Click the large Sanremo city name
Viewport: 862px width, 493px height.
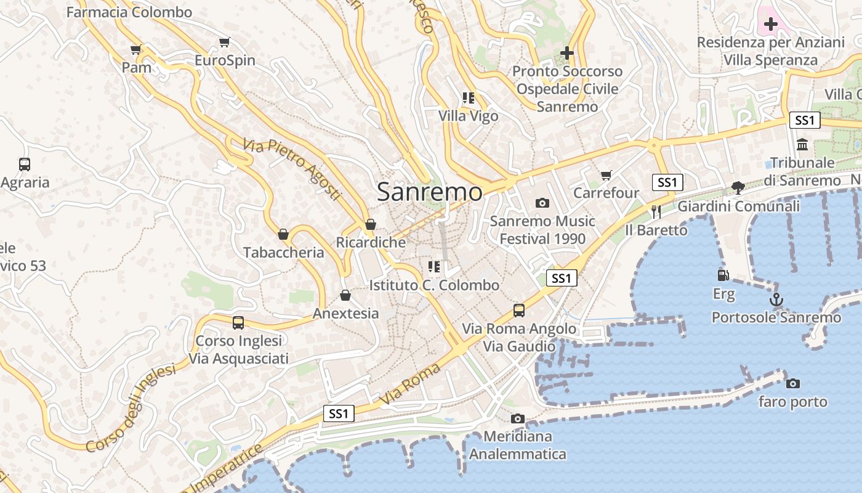430,192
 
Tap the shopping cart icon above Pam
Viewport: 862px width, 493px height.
136,49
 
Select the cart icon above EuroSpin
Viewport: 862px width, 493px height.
225,43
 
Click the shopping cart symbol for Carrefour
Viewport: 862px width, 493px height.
606,176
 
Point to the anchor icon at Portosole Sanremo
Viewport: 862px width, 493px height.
776,300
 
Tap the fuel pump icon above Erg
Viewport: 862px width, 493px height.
723,275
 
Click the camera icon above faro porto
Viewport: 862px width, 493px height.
793,383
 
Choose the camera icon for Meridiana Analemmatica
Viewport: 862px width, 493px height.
518,419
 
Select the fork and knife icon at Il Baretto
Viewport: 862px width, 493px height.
656,212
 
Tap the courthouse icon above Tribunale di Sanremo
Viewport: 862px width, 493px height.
802,145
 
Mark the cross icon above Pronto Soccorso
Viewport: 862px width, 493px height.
567,54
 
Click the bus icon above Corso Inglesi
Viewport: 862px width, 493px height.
238,322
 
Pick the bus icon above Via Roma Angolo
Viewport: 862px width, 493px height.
519,310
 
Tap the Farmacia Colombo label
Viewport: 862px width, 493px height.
129,12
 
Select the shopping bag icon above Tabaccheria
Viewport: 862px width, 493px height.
283,234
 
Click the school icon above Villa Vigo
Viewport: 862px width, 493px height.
469,97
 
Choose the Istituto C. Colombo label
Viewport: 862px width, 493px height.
434,285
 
